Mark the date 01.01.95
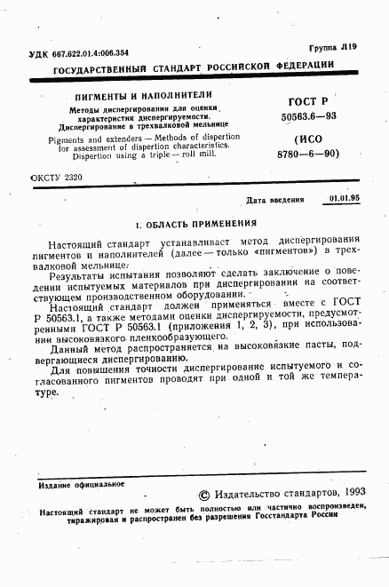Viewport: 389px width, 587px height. pyautogui.click(x=343, y=201)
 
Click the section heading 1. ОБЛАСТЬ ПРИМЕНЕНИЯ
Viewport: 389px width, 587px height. pyautogui.click(x=194, y=223)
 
